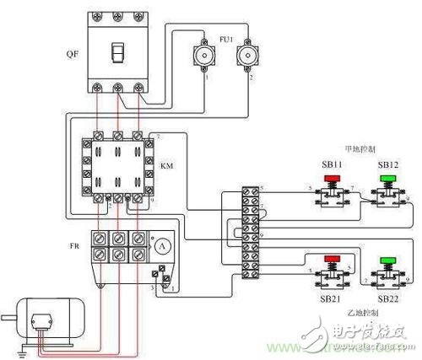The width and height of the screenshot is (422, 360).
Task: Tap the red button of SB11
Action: [x=332, y=180]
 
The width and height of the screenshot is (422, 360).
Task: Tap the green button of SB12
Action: [x=388, y=180]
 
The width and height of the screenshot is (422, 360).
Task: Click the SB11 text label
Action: [x=331, y=164]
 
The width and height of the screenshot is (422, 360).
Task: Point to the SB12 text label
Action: [x=388, y=164]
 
